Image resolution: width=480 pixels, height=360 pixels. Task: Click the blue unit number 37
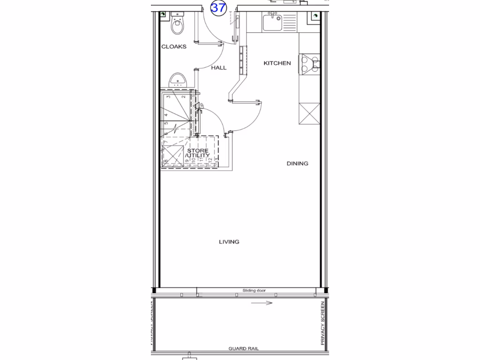218,8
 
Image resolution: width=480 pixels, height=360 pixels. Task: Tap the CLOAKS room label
174,46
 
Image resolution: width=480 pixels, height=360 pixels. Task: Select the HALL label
218,67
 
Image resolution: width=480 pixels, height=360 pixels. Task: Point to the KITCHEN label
277,63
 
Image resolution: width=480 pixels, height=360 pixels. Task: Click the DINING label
298,164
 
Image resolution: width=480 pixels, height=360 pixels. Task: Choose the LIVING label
229,242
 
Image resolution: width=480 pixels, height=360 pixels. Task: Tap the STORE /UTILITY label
197,153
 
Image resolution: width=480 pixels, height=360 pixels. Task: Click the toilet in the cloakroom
178,26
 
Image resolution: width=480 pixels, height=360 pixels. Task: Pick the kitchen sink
272,22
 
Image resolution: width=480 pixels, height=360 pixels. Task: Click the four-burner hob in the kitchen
309,64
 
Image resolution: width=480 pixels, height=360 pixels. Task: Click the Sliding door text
254,291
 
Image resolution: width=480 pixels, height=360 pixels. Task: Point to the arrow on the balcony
262,303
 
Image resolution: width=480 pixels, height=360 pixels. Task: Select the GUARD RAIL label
243,349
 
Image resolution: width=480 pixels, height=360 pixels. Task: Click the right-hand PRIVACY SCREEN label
322,323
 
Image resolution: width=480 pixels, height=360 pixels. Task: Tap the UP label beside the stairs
202,107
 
